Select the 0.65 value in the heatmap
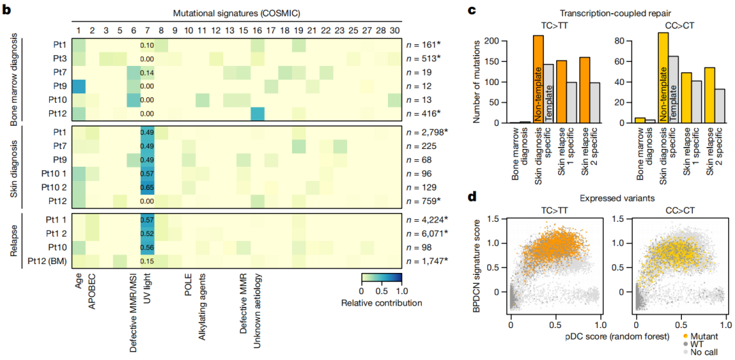pyautogui.click(x=146, y=186)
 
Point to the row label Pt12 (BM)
pyautogui.click(x=48, y=261)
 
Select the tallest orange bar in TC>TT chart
pyautogui.click(x=538, y=78)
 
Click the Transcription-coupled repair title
pyautogui.click(x=591, y=12)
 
